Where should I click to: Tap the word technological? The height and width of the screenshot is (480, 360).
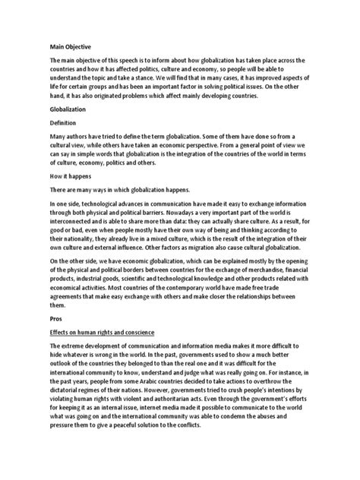[112, 205]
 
